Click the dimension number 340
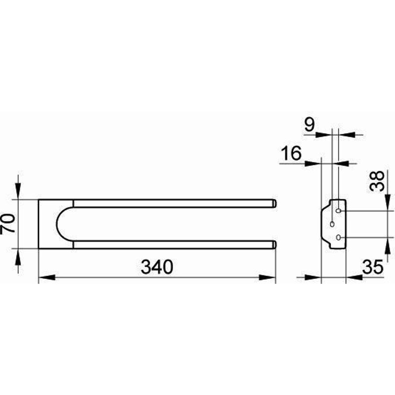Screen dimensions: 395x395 pyautogui.click(x=157, y=267)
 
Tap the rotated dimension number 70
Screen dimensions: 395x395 pyautogui.click(x=8, y=224)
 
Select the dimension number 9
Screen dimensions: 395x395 pyautogui.click(x=310, y=125)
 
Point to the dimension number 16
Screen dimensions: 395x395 pyautogui.click(x=291, y=153)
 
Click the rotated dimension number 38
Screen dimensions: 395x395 pyautogui.click(x=377, y=181)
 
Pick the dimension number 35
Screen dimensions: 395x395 pyautogui.click(x=373, y=267)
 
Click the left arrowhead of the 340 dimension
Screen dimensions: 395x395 pyautogui.click(x=47, y=277)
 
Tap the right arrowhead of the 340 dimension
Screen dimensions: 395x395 pyautogui.click(x=267, y=277)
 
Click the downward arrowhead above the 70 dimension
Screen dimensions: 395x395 pyautogui.click(x=18, y=191)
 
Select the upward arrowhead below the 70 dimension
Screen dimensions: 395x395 pyautogui.click(x=18, y=257)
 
